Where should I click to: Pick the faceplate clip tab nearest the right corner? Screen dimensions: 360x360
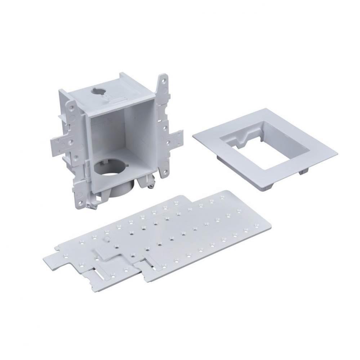(303, 172)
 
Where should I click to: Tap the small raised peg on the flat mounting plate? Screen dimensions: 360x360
(107, 238)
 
